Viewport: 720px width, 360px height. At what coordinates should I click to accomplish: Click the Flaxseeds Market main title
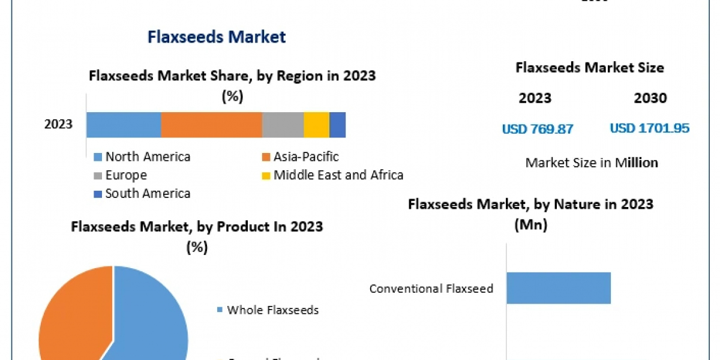pos(217,37)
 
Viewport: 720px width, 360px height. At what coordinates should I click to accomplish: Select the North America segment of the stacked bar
pos(124,125)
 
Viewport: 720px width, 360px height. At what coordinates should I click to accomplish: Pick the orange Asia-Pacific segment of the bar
pos(211,125)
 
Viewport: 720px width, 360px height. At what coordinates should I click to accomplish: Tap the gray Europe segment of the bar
pos(283,125)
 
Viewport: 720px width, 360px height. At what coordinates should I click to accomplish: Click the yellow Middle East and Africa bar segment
pos(316,125)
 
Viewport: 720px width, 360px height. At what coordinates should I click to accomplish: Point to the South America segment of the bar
pos(337,125)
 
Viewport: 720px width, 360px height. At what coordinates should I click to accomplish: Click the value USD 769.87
pos(538,128)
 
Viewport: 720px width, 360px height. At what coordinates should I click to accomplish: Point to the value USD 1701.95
pos(649,128)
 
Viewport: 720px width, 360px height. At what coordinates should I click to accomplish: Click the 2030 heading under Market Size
pos(650,98)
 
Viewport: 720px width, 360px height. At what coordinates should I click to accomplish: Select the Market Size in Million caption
pos(592,163)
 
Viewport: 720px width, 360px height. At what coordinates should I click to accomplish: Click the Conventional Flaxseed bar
pos(559,288)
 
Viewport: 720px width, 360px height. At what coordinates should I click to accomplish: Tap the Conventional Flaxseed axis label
pos(431,289)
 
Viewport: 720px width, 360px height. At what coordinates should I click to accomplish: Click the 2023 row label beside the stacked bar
pos(58,125)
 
